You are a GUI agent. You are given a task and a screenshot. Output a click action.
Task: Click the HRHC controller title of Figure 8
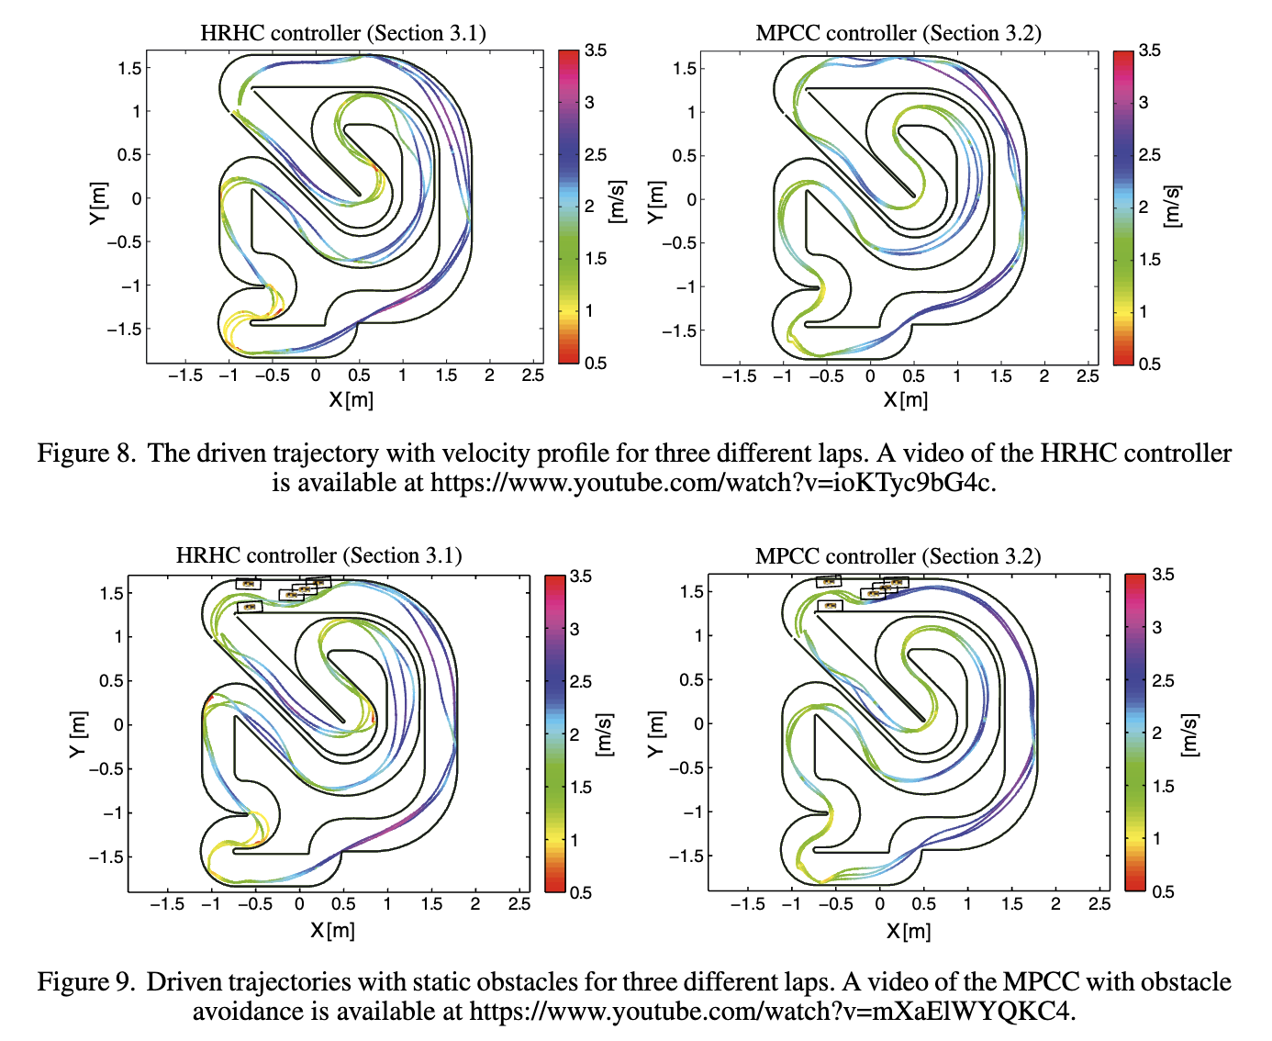tap(342, 34)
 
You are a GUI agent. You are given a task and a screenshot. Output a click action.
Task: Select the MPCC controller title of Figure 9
tap(898, 556)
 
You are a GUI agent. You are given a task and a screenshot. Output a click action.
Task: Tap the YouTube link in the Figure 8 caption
tap(711, 483)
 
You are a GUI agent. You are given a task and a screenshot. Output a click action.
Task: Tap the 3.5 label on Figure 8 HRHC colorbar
tap(596, 50)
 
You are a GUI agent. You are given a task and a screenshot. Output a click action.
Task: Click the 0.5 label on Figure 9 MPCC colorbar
tap(1163, 891)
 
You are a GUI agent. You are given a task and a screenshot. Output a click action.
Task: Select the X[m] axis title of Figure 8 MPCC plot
tap(905, 400)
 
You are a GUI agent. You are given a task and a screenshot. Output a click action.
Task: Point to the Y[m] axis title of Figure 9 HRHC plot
tap(78, 733)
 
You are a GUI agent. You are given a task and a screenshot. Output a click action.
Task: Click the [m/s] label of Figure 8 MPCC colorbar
tap(1173, 206)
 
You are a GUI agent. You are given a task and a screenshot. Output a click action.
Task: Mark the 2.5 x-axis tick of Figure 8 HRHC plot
tap(532, 375)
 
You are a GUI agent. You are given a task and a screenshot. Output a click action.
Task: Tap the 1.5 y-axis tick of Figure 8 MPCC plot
tap(685, 68)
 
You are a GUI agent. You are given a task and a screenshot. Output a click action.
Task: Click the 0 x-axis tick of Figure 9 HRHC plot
tap(299, 904)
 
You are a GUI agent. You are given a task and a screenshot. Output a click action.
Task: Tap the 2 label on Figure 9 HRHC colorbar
tap(575, 734)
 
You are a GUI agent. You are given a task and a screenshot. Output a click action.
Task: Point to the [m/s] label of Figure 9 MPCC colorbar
tap(1189, 733)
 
